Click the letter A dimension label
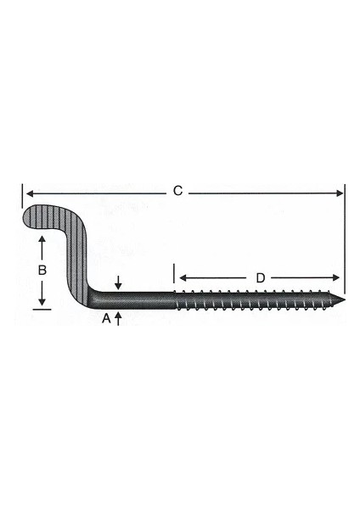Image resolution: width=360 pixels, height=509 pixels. click(x=106, y=318)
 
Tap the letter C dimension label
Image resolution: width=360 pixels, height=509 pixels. click(x=177, y=192)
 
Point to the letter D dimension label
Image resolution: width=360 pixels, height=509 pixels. click(x=261, y=277)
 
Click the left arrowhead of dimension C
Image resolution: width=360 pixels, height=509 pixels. click(x=27, y=193)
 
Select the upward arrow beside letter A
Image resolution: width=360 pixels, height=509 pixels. click(x=118, y=316)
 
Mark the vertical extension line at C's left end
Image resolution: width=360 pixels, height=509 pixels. click(x=21, y=197)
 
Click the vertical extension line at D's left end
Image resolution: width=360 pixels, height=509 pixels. click(x=175, y=274)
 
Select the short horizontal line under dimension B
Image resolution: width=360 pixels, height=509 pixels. click(x=42, y=310)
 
